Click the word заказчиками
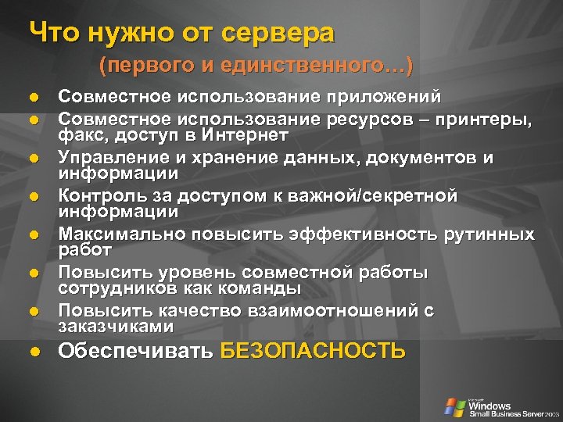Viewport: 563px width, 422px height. (115, 327)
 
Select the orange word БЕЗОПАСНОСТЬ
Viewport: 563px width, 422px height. (313, 350)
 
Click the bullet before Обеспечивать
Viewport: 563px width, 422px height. (35, 351)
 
